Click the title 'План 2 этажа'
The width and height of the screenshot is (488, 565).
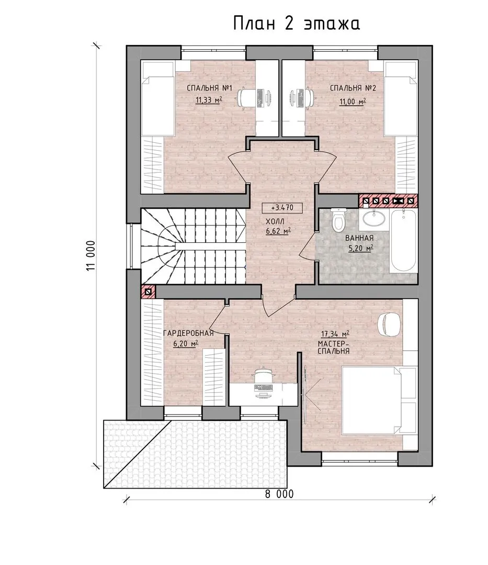click(x=297, y=24)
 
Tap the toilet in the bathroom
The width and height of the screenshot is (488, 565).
click(x=339, y=220)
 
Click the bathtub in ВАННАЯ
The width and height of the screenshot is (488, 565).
click(x=404, y=241)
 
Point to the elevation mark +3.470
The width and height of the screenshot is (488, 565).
click(x=282, y=208)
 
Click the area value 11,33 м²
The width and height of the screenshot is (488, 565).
click(x=209, y=100)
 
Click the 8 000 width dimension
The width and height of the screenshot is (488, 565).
click(x=279, y=494)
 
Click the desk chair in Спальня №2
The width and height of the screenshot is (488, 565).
click(x=306, y=97)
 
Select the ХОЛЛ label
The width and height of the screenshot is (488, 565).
click(x=275, y=221)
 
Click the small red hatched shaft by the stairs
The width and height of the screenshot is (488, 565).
click(x=148, y=292)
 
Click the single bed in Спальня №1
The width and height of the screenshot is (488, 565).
click(x=157, y=98)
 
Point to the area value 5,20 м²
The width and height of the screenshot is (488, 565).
click(x=360, y=248)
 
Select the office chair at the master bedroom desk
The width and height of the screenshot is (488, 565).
click(x=265, y=376)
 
